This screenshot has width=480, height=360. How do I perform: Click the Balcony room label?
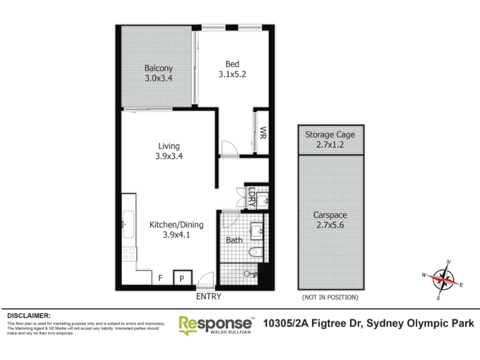point(158,68)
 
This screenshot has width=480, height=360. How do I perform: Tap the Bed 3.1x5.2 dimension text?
point(232,74)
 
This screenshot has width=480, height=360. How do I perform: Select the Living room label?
point(169,146)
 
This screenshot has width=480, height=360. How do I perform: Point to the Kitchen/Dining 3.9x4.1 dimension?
point(176,235)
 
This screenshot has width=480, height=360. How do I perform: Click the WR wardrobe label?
point(263,133)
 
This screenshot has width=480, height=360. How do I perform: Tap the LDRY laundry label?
point(251,197)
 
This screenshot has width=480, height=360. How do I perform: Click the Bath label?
point(234,241)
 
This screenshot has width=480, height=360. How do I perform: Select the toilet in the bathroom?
point(256,252)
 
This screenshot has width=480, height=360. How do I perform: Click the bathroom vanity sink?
point(257,231)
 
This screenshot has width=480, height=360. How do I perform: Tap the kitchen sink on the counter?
point(128,224)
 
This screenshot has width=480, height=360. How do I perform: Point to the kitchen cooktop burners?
point(129,254)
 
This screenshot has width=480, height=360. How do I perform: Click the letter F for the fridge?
point(160,278)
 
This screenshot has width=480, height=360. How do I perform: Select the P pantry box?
point(182,277)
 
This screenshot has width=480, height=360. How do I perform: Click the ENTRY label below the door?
point(208,296)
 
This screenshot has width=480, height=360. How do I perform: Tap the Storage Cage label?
point(330,134)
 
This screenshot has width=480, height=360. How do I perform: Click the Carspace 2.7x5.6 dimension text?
point(330,225)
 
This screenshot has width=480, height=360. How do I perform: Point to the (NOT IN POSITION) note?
point(330,297)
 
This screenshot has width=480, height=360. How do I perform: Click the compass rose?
point(443,280)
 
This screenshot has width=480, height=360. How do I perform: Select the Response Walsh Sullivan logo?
point(216,325)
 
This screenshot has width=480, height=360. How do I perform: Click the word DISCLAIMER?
point(29,316)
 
